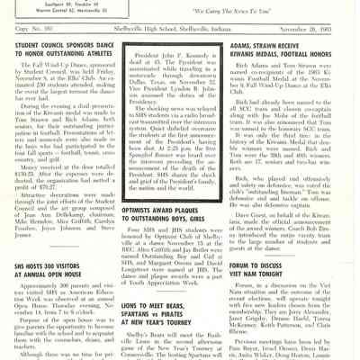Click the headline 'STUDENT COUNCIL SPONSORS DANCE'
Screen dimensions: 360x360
tap(64, 41)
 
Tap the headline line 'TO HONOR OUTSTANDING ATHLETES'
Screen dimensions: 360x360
tap(64, 50)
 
